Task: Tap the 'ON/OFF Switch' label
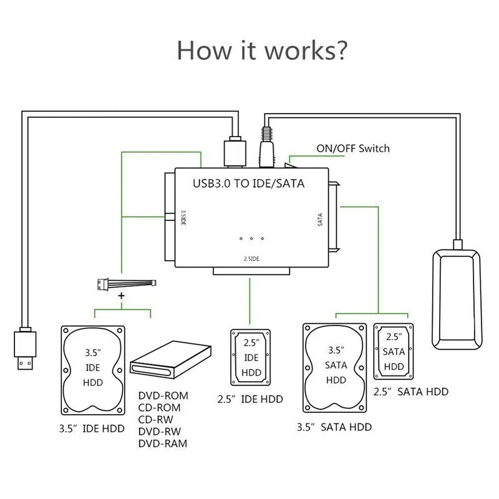coord(354,148)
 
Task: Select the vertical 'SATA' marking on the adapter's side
coord(320,219)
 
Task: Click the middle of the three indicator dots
coord(251,239)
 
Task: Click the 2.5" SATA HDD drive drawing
coord(394,351)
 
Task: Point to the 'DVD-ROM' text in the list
coord(162,396)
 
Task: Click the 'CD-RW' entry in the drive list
coord(155,420)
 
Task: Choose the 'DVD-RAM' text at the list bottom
coord(162,443)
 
